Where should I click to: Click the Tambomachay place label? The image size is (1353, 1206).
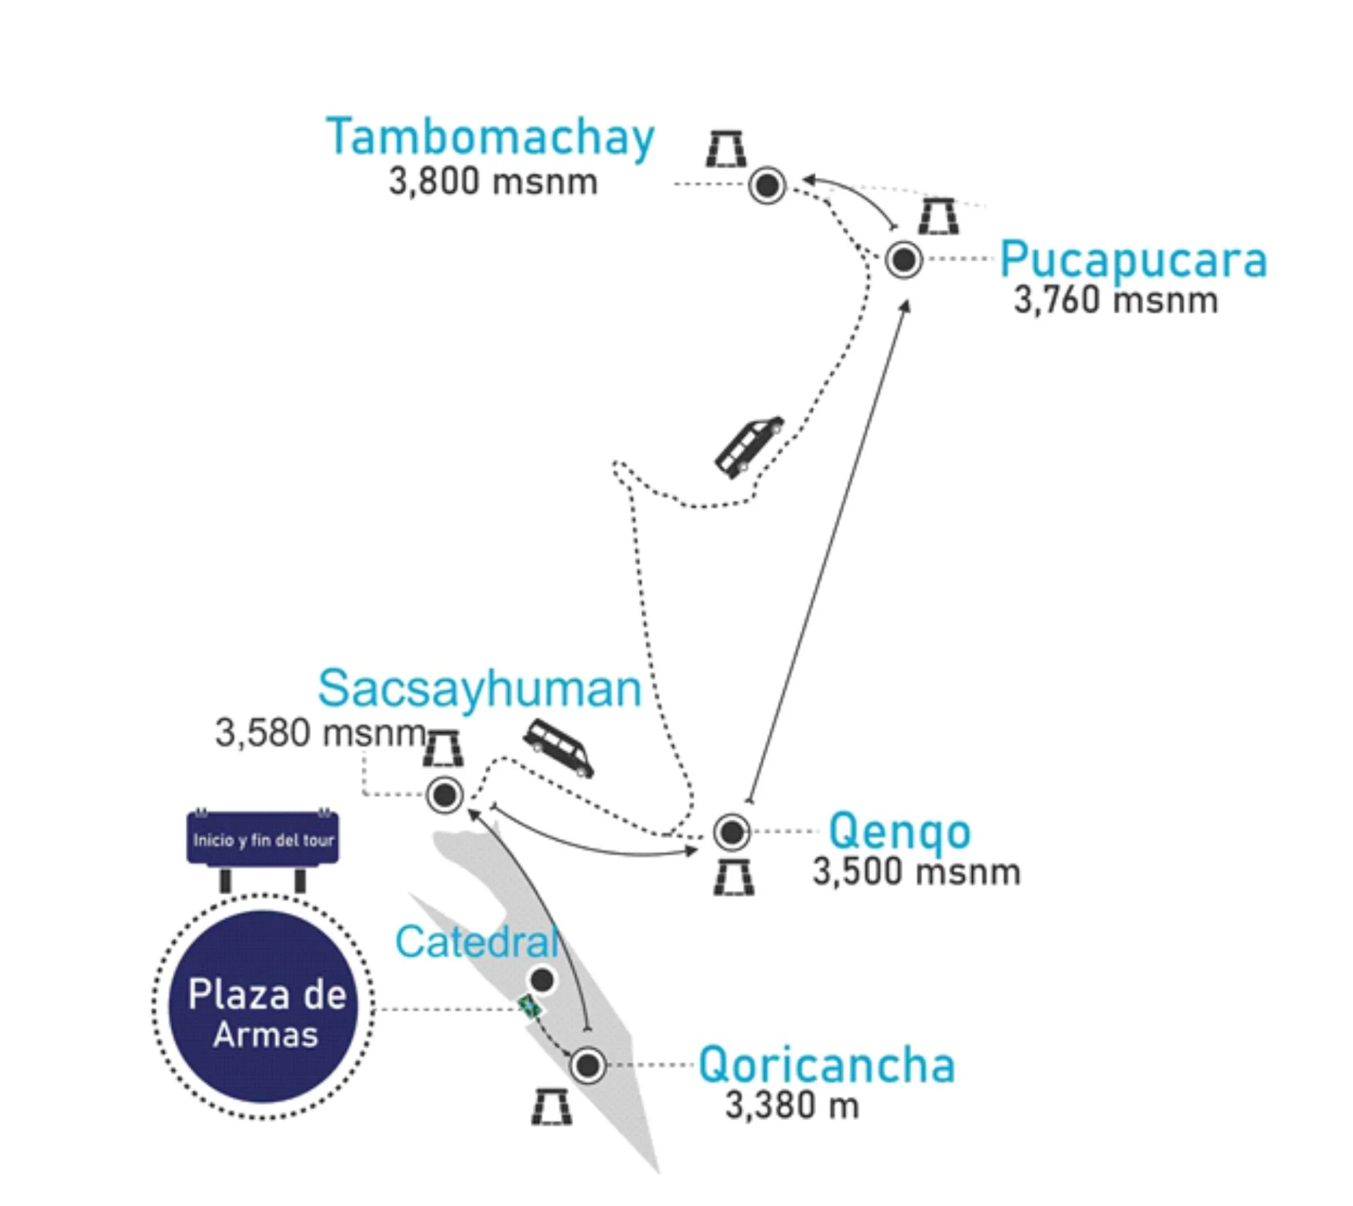[490, 137]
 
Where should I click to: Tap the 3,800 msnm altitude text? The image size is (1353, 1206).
[493, 182]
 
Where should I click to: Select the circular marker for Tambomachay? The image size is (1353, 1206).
[767, 185]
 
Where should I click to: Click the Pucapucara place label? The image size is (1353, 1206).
[1133, 260]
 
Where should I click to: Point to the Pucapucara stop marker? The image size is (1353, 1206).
[903, 260]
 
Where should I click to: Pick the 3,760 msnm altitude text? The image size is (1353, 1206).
[1116, 300]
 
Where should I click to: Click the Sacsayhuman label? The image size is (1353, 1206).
[479, 689]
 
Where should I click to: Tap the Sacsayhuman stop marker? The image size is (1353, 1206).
[445, 795]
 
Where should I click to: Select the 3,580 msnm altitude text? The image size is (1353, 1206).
[321, 733]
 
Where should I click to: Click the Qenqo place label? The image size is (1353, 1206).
[899, 831]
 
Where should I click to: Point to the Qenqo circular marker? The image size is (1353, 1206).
[731, 831]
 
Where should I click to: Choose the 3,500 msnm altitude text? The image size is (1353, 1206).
[916, 872]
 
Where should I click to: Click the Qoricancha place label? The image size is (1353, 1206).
[826, 1065]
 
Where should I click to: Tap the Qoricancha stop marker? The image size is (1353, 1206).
[588, 1064]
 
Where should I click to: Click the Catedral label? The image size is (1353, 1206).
[477, 942]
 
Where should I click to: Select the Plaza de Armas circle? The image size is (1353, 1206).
[264, 1007]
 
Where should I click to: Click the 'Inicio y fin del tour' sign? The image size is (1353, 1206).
[263, 840]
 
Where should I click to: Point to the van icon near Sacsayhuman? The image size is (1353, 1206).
[559, 747]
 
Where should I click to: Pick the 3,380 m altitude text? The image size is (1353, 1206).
[792, 1105]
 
